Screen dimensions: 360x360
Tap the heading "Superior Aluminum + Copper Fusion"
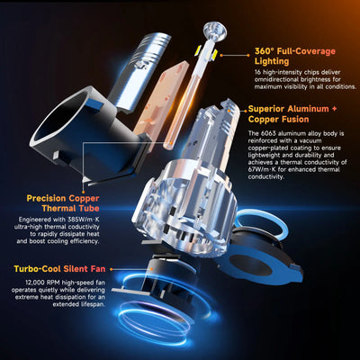point(296,115)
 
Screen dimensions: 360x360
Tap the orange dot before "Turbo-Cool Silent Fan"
point(10,268)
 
